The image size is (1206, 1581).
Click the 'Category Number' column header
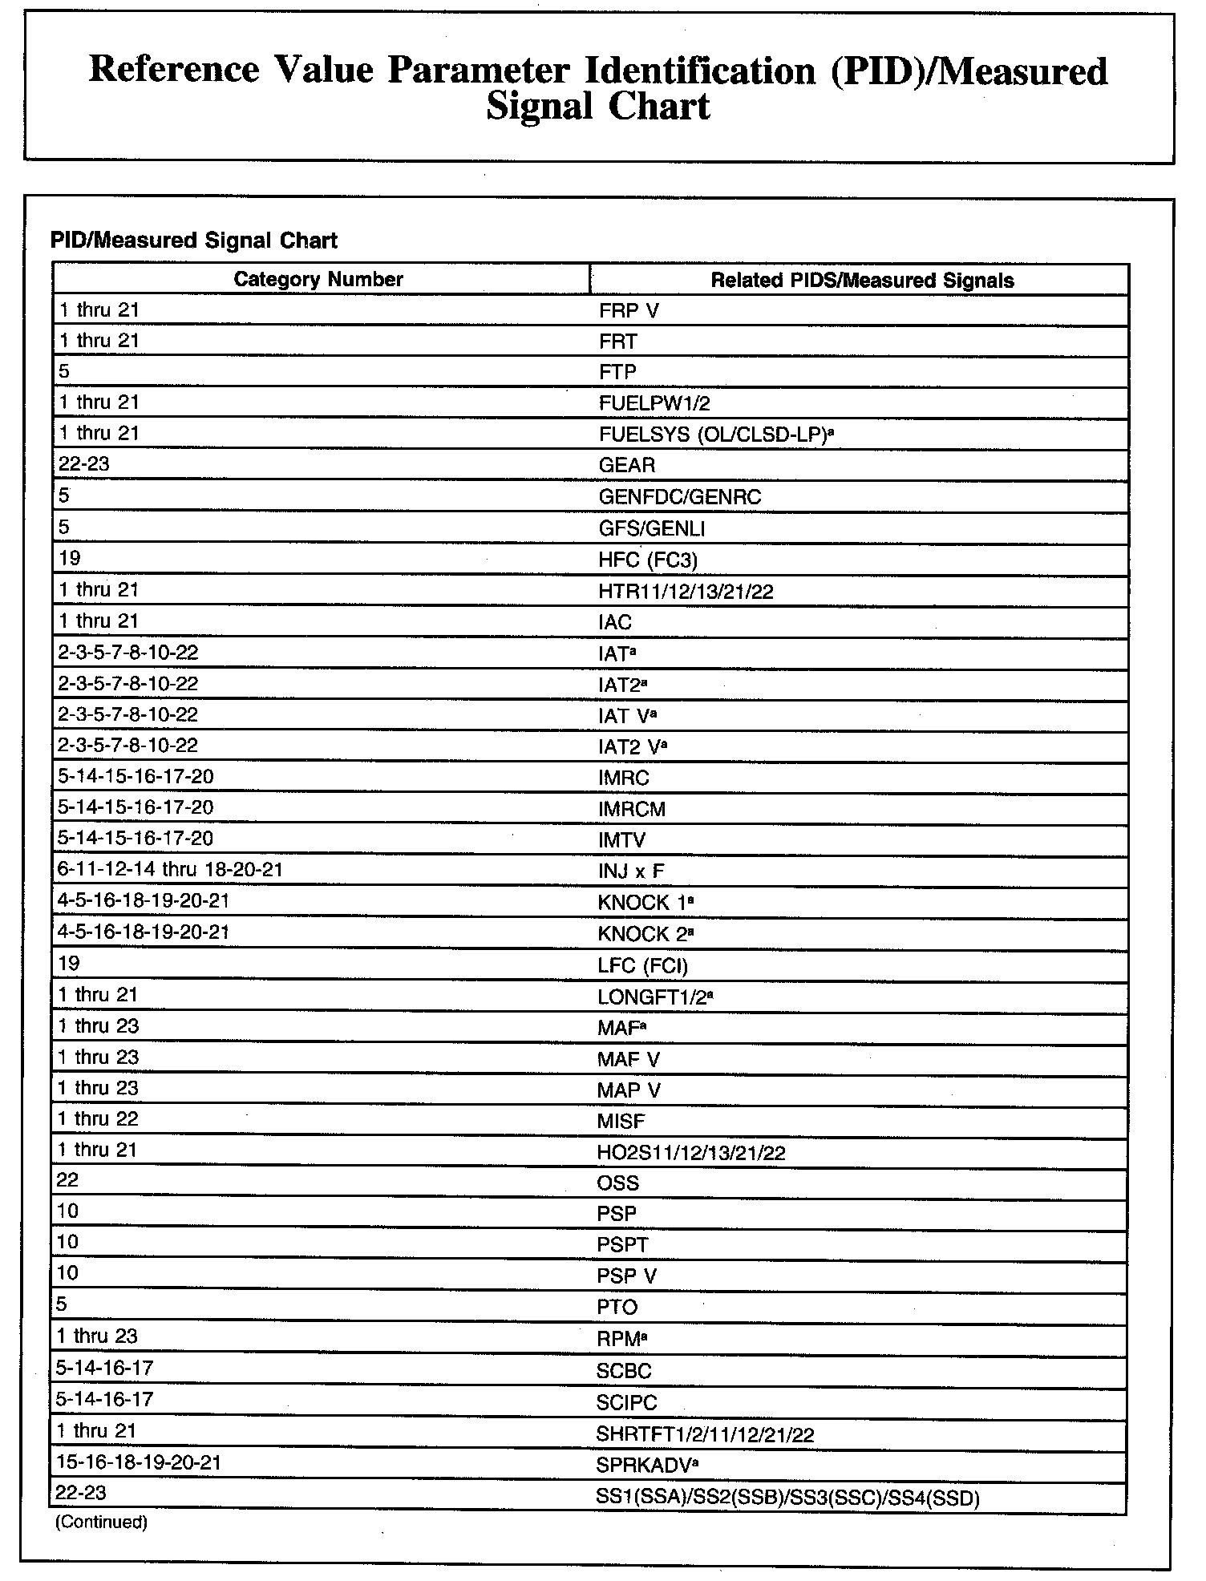318,279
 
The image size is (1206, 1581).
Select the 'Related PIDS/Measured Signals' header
862,280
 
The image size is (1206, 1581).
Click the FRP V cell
629,311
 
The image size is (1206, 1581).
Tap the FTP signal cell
617,372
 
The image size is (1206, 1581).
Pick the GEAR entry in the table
627,465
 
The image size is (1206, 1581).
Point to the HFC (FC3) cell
642,560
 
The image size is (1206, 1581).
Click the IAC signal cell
615,622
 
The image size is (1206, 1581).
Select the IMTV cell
621,840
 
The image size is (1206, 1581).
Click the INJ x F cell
631,871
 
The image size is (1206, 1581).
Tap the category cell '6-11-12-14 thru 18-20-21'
170,870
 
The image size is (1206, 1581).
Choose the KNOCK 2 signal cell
645,933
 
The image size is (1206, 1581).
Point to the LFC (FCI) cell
643,965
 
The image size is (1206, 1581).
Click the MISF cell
621,1121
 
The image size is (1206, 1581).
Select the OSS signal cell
618,1183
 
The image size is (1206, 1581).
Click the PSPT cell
622,1245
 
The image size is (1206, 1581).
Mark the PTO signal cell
617,1307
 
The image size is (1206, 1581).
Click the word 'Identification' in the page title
700,71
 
